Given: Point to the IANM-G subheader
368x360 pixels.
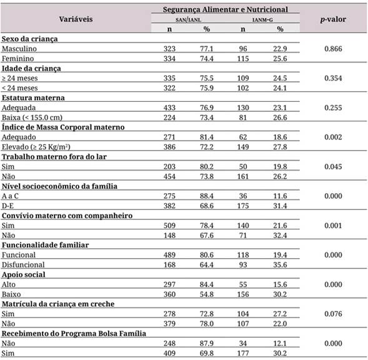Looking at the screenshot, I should pos(262,19).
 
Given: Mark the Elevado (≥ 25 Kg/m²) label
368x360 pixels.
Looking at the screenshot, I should pos(38,146).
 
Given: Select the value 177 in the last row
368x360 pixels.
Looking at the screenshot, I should pos(245,352).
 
